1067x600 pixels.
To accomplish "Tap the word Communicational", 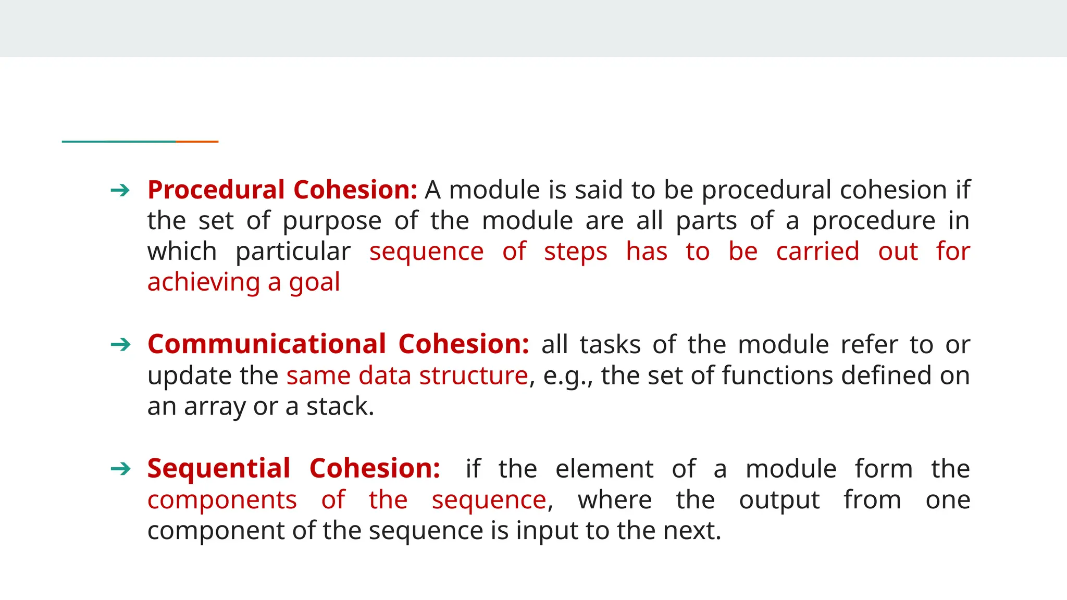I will pos(266,344).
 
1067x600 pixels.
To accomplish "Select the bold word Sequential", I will pos(219,468).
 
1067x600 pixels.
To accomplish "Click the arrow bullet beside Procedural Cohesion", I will pos(120,191).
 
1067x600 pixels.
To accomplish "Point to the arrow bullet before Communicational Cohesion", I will pos(120,345).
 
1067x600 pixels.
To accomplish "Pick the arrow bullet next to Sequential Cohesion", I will pos(120,469).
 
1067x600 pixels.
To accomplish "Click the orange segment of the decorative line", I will pos(197,141).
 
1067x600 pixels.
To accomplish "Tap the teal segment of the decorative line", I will pos(119,141).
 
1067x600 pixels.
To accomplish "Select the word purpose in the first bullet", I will pos(332,221).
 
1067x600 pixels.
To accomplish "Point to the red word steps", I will pos(575,252).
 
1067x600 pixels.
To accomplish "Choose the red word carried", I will pos(817,252).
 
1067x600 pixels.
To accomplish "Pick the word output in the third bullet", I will pos(779,501).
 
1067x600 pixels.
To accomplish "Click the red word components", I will pos(222,501).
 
